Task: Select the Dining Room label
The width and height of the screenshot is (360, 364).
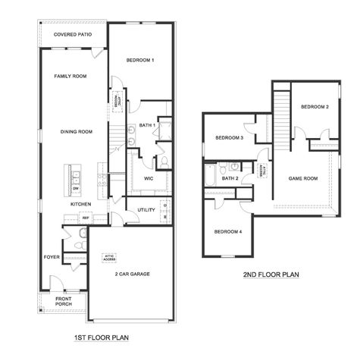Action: click(x=76, y=132)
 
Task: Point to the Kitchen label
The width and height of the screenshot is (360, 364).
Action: click(x=81, y=204)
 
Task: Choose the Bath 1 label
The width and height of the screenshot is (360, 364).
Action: click(x=147, y=125)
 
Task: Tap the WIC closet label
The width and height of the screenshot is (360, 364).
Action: click(x=149, y=178)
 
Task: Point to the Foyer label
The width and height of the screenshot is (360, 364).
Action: click(x=52, y=257)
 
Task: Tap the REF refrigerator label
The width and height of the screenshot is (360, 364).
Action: click(x=86, y=218)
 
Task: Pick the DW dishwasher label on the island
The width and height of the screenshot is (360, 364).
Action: click(x=75, y=188)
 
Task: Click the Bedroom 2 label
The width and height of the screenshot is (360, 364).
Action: click(x=314, y=107)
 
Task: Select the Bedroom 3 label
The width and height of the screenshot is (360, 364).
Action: click(x=229, y=138)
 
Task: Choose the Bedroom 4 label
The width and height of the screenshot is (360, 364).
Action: click(x=227, y=231)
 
